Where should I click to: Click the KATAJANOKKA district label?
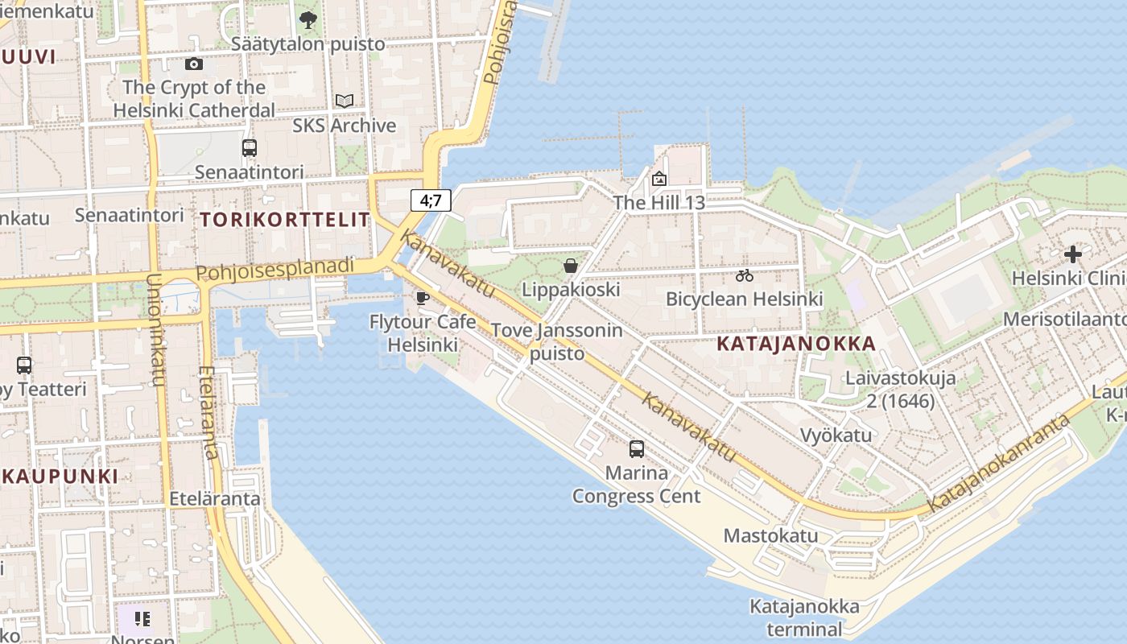pos(795,344)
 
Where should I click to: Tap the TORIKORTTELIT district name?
pos(285,219)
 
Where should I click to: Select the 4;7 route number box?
pos(431,200)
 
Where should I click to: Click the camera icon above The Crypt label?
pos(194,64)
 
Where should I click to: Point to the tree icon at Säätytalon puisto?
pos(308,20)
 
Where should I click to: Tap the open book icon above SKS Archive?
pos(345,101)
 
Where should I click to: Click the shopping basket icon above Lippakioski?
pos(571,266)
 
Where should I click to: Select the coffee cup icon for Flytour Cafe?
pos(422,299)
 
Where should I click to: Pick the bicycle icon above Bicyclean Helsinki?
pos(745,275)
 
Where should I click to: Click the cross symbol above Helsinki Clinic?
pos(1072,254)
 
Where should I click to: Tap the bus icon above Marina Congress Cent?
pos(637,449)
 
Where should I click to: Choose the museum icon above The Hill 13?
pos(659,179)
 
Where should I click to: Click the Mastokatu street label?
pos(770,535)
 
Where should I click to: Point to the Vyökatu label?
pos(836,436)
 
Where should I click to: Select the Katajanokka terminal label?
pos(804,617)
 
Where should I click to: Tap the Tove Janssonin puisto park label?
pos(557,341)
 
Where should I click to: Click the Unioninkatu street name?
pos(156,330)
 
